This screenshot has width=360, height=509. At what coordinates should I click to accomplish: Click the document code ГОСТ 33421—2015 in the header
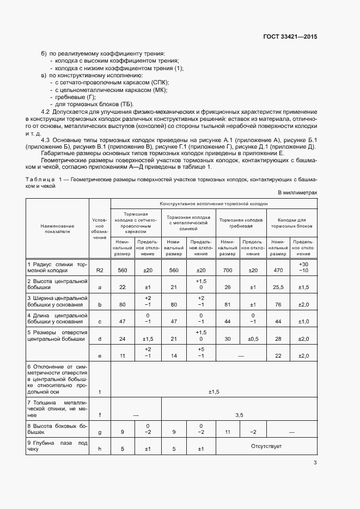[290, 36]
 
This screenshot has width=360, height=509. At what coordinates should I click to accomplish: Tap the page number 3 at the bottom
[315, 463]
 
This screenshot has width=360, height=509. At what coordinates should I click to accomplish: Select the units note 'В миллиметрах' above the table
[297, 193]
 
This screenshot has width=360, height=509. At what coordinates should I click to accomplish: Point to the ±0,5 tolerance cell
[253, 339]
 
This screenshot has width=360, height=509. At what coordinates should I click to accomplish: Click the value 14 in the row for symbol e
[174, 355]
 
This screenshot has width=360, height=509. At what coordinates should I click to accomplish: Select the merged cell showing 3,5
[239, 415]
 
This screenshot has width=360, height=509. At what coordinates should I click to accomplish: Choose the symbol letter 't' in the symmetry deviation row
[99, 391]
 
